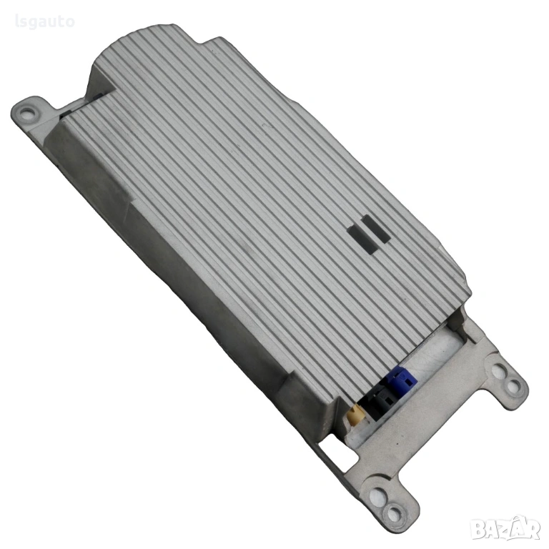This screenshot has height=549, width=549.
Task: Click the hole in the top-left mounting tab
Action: [26, 113]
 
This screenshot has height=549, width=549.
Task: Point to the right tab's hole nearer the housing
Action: [500, 371]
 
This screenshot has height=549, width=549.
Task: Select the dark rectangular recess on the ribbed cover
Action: [368, 234]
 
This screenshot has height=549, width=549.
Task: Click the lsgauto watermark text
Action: [45, 21]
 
